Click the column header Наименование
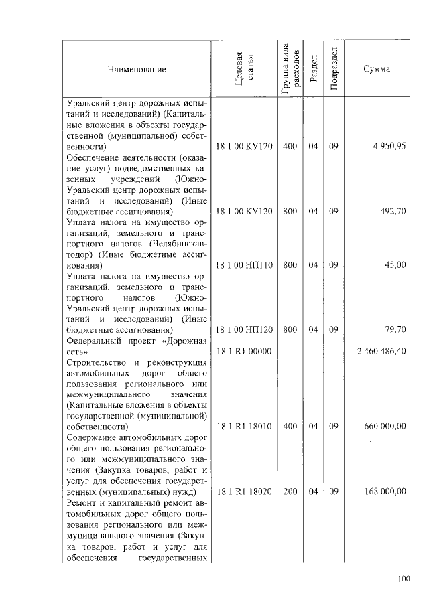[135, 70]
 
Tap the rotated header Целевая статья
[244, 70]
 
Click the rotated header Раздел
[313, 70]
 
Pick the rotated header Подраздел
[334, 70]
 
